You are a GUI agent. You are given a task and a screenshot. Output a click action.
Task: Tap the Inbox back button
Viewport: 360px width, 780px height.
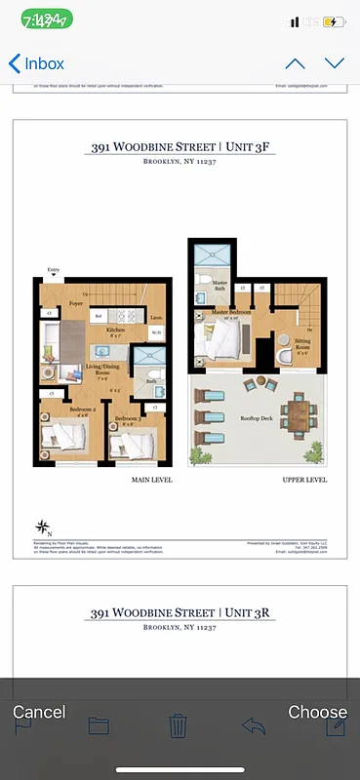pos(36,64)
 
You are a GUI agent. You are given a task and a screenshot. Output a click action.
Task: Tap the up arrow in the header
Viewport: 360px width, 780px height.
pos(295,64)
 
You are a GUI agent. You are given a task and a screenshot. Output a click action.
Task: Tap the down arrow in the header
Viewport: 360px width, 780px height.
pos(335,64)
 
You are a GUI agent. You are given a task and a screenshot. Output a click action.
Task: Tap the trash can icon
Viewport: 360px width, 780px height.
pos(178,725)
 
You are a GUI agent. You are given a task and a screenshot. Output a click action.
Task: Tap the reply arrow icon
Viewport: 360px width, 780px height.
pos(254,725)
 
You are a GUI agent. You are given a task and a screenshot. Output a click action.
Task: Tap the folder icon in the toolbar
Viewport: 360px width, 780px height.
pos(99,725)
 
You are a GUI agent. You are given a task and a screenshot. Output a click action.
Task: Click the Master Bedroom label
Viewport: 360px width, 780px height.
pos(232,314)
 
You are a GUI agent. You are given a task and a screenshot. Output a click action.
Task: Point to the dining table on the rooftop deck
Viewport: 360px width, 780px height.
pos(299,414)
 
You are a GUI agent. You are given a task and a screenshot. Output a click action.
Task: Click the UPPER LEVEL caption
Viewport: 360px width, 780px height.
pos(305,480)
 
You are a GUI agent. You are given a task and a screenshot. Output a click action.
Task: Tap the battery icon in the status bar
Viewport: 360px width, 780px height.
pos(334,21)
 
